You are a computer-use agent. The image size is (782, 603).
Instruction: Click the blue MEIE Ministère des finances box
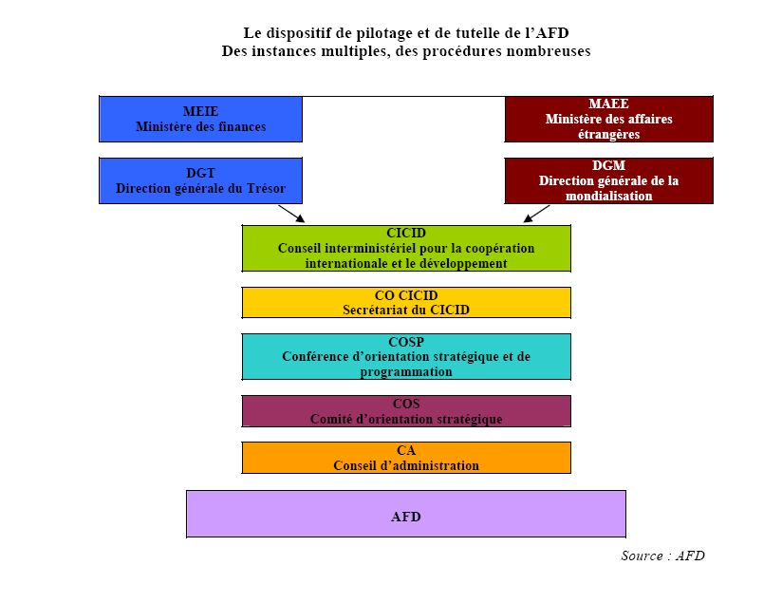tap(200, 119)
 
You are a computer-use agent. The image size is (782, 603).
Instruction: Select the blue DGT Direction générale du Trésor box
tap(200, 180)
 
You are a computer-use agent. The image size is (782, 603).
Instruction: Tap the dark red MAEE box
tap(608, 119)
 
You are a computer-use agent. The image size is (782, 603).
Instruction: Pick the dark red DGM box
tap(608, 180)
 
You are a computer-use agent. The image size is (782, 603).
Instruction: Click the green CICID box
tap(406, 248)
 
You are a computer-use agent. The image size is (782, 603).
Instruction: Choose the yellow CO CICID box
tap(406, 302)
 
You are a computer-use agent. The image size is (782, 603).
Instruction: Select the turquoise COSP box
tap(406, 356)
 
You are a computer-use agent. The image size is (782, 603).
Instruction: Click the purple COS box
tap(406, 411)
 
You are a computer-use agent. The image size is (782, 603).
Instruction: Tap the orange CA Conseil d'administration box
tap(406, 458)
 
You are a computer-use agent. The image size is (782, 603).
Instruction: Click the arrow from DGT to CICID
tap(291, 213)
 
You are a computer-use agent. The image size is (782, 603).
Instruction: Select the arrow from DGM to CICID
tap(536, 213)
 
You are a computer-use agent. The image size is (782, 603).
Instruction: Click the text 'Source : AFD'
tap(662, 556)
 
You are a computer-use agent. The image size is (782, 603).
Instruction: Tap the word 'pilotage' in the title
tap(345, 33)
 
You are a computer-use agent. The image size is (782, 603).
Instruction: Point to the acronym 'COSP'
tap(406, 342)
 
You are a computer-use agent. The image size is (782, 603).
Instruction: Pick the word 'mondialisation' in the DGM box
tap(608, 196)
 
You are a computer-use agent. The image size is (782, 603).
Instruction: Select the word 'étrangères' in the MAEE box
tap(608, 134)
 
